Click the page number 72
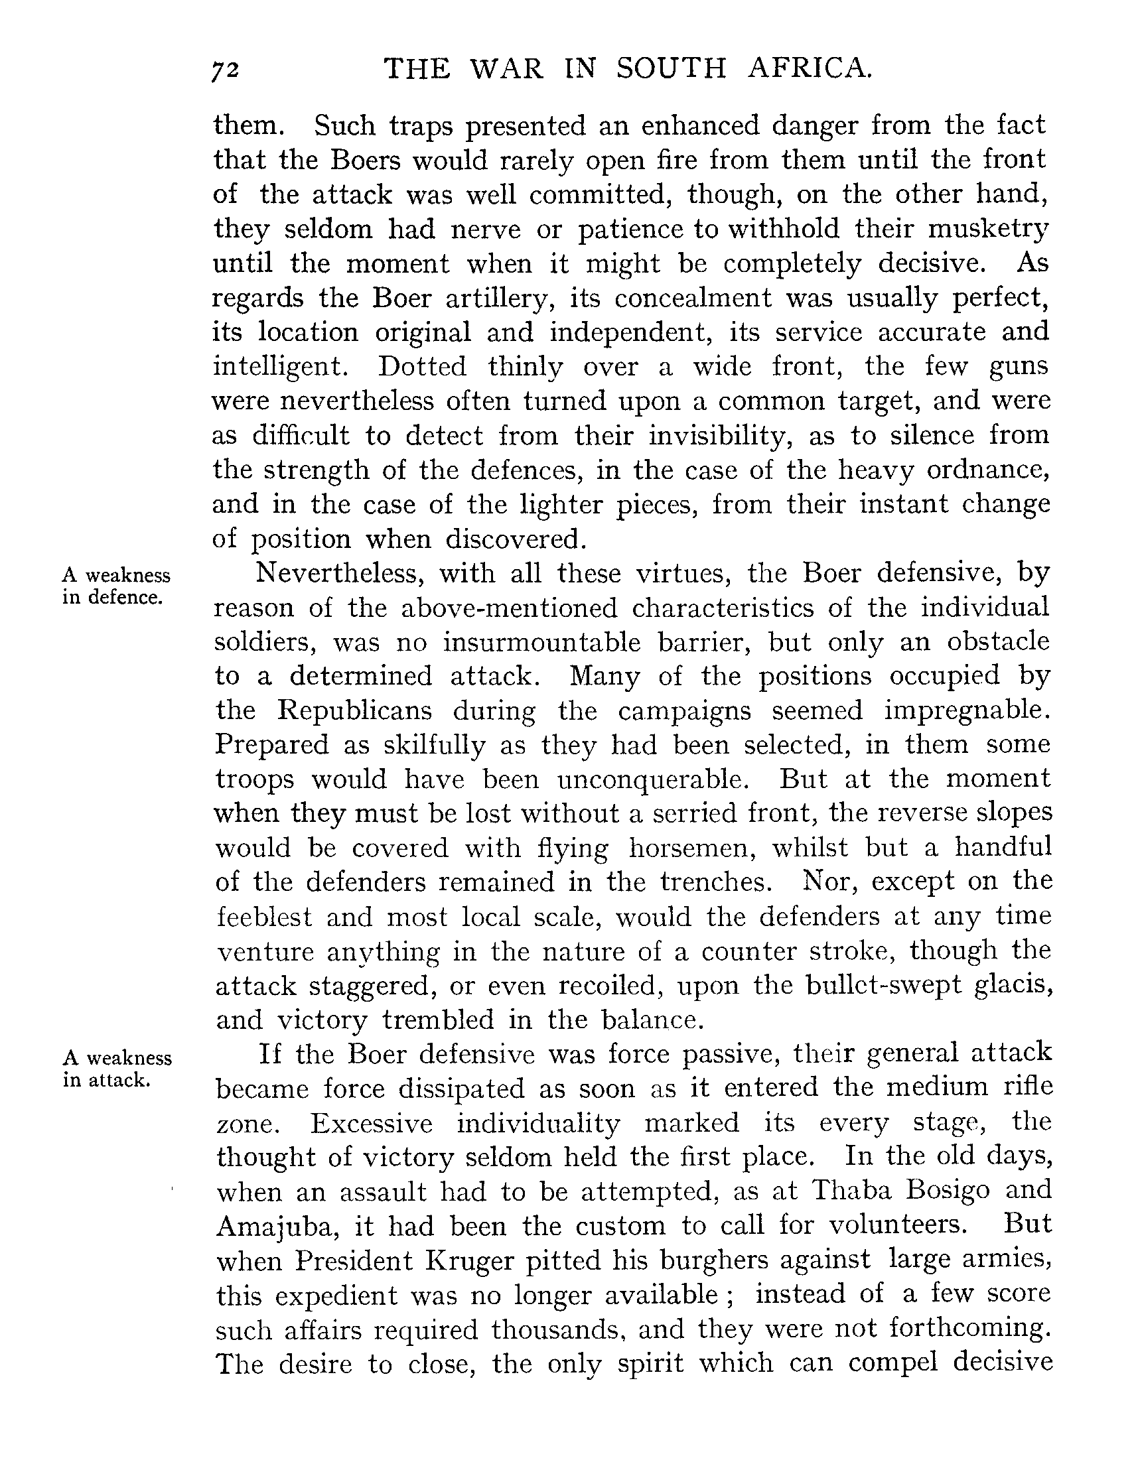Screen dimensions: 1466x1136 tap(226, 70)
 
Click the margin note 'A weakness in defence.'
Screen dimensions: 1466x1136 tap(116, 586)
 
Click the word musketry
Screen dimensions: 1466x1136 tap(987, 230)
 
